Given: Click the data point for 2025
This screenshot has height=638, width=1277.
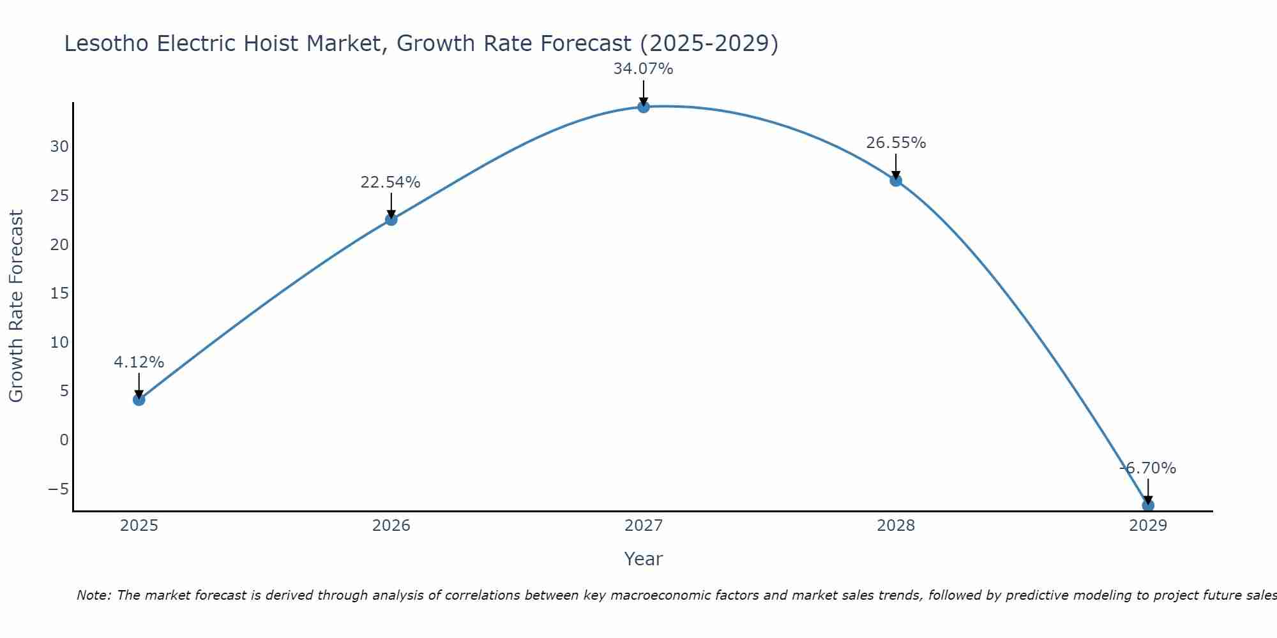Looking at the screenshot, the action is (139, 399).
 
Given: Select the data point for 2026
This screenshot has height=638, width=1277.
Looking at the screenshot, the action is (391, 219).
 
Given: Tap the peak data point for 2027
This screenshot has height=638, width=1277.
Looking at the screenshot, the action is (644, 107).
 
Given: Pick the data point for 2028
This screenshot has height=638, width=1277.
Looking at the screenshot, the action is (896, 181).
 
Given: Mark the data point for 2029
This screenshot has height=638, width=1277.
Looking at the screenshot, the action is (1148, 505).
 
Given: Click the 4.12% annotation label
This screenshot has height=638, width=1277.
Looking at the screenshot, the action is (139, 362).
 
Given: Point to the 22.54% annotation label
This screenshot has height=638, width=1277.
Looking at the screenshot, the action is (391, 182).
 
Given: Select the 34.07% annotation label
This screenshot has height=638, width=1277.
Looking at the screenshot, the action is (644, 69).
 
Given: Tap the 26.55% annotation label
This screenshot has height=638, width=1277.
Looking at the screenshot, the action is (896, 143).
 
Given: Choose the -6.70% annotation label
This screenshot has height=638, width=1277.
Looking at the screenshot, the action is (1147, 468).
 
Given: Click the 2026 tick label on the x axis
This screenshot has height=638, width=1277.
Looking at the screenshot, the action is (391, 526).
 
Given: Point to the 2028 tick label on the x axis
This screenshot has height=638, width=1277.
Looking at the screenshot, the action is (896, 526).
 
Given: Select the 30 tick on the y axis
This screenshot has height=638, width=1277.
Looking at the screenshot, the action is (59, 147).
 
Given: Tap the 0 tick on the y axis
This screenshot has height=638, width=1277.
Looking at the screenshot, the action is (64, 440).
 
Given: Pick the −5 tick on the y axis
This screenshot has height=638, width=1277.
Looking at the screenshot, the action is (58, 489).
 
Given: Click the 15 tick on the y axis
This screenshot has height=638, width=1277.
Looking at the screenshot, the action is (59, 293).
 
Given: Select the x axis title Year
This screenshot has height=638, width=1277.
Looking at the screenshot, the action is (644, 559).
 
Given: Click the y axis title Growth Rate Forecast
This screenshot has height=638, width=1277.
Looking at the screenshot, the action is (16, 306).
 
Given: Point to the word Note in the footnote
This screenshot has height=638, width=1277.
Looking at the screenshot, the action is (94, 595).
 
